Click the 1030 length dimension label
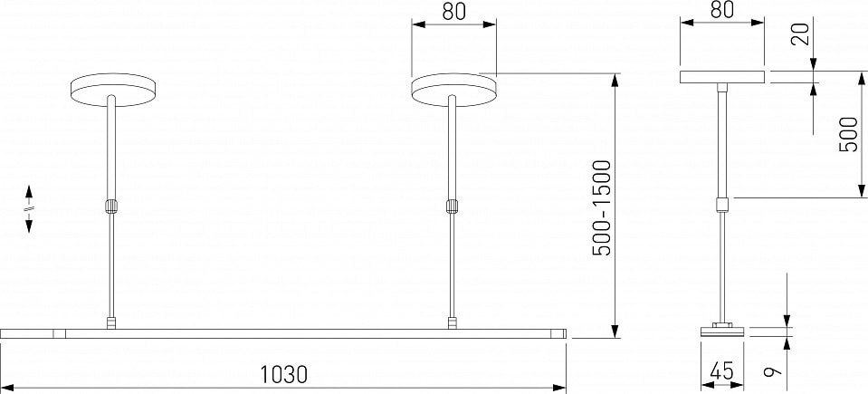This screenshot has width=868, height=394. point(284,375)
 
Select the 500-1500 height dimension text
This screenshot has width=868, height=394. point(602,208)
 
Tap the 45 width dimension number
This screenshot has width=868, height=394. point(722,370)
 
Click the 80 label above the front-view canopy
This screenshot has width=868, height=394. point(454,12)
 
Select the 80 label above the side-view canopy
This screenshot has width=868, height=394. point(722,9)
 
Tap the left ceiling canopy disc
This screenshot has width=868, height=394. point(113,89)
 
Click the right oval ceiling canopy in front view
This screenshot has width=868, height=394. point(454,89)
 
